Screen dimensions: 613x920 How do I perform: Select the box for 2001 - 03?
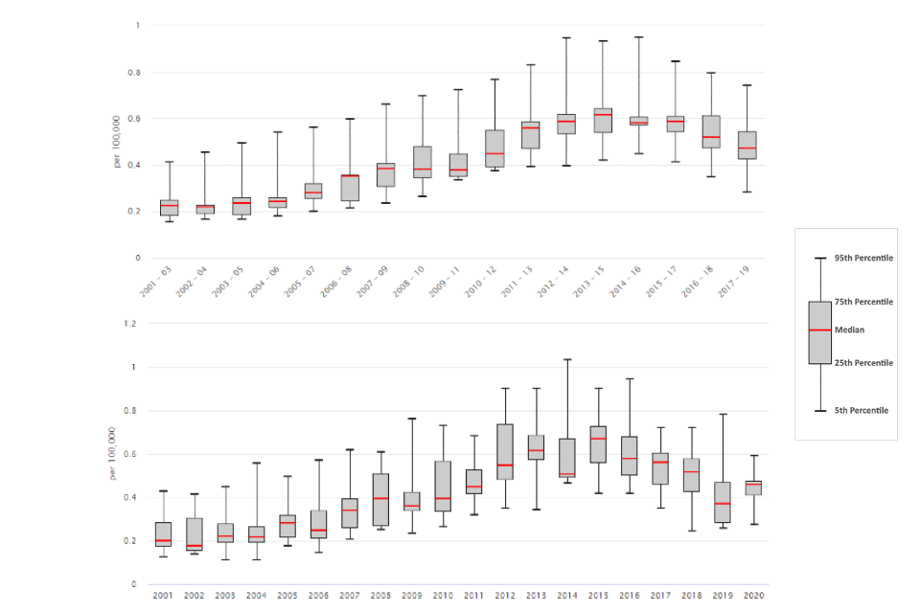[169, 208]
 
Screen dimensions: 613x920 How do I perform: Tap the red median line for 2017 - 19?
[746, 148]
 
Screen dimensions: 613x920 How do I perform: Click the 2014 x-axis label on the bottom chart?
[565, 596]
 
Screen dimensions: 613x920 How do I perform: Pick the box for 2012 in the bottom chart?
[504, 451]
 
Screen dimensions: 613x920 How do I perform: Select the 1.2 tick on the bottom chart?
[130, 324]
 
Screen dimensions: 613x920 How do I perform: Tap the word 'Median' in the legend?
[849, 330]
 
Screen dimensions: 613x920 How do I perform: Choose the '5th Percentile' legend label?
[862, 411]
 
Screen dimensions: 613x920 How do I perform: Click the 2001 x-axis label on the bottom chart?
[163, 596]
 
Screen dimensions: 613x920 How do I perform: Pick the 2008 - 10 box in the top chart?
[423, 162]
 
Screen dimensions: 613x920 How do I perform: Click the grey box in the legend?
[819, 332]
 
